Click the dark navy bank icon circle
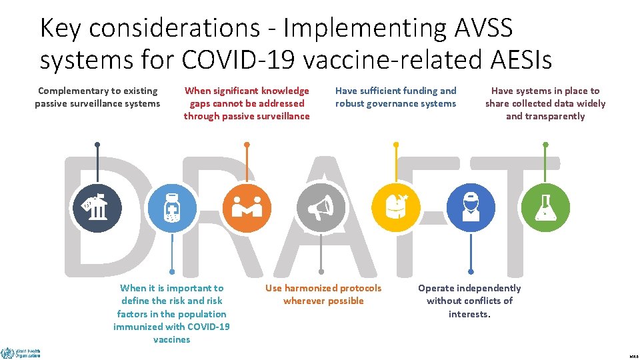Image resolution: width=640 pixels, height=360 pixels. click(x=97, y=209)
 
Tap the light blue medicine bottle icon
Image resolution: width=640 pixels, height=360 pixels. click(x=172, y=209)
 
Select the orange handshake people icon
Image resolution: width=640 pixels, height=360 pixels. click(x=247, y=209)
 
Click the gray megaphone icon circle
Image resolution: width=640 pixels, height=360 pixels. click(x=321, y=209)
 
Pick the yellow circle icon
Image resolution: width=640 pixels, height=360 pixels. click(x=396, y=209)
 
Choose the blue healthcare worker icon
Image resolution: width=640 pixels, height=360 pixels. click(x=471, y=209)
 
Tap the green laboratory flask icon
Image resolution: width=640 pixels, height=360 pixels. click(x=545, y=209)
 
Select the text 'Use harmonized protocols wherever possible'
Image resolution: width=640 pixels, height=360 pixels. click(x=323, y=294)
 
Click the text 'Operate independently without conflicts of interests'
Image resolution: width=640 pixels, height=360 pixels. click(x=469, y=301)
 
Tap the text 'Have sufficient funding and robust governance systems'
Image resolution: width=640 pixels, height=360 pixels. click(x=395, y=97)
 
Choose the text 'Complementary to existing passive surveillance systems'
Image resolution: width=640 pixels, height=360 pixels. click(x=97, y=97)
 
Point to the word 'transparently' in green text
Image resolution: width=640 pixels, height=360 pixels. click(x=545, y=116)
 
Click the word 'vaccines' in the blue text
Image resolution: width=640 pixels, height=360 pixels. click(x=171, y=339)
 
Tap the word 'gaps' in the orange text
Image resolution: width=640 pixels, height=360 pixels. click(x=200, y=103)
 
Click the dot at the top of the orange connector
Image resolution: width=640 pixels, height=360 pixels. click(x=247, y=144)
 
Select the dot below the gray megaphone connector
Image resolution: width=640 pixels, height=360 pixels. click(x=321, y=272)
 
